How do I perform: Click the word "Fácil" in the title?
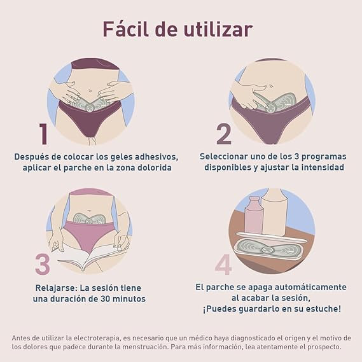coord(125,29)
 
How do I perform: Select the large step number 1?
coord(43,134)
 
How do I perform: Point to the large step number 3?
coord(43,264)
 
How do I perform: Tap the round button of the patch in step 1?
coord(90,107)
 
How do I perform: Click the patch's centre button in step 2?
coord(270,108)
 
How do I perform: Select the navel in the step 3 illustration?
coord(88,211)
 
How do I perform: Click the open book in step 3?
coord(90,256)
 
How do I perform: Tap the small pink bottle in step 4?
coord(253,216)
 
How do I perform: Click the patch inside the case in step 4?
coord(268,249)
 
